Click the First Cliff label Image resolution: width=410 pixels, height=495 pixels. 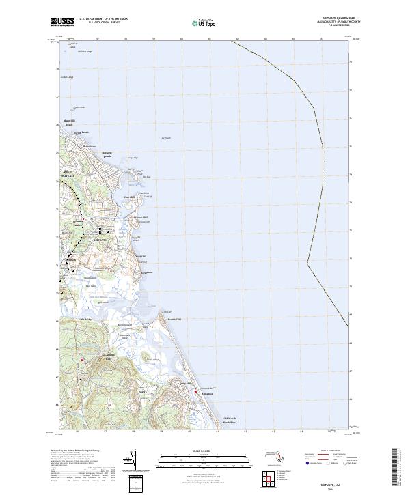point(129,198)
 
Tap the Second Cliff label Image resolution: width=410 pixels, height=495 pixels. point(139,218)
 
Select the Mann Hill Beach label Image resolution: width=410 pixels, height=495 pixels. point(69,123)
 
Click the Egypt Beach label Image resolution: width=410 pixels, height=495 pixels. point(82,132)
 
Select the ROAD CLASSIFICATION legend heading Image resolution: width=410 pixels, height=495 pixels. point(339,451)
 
